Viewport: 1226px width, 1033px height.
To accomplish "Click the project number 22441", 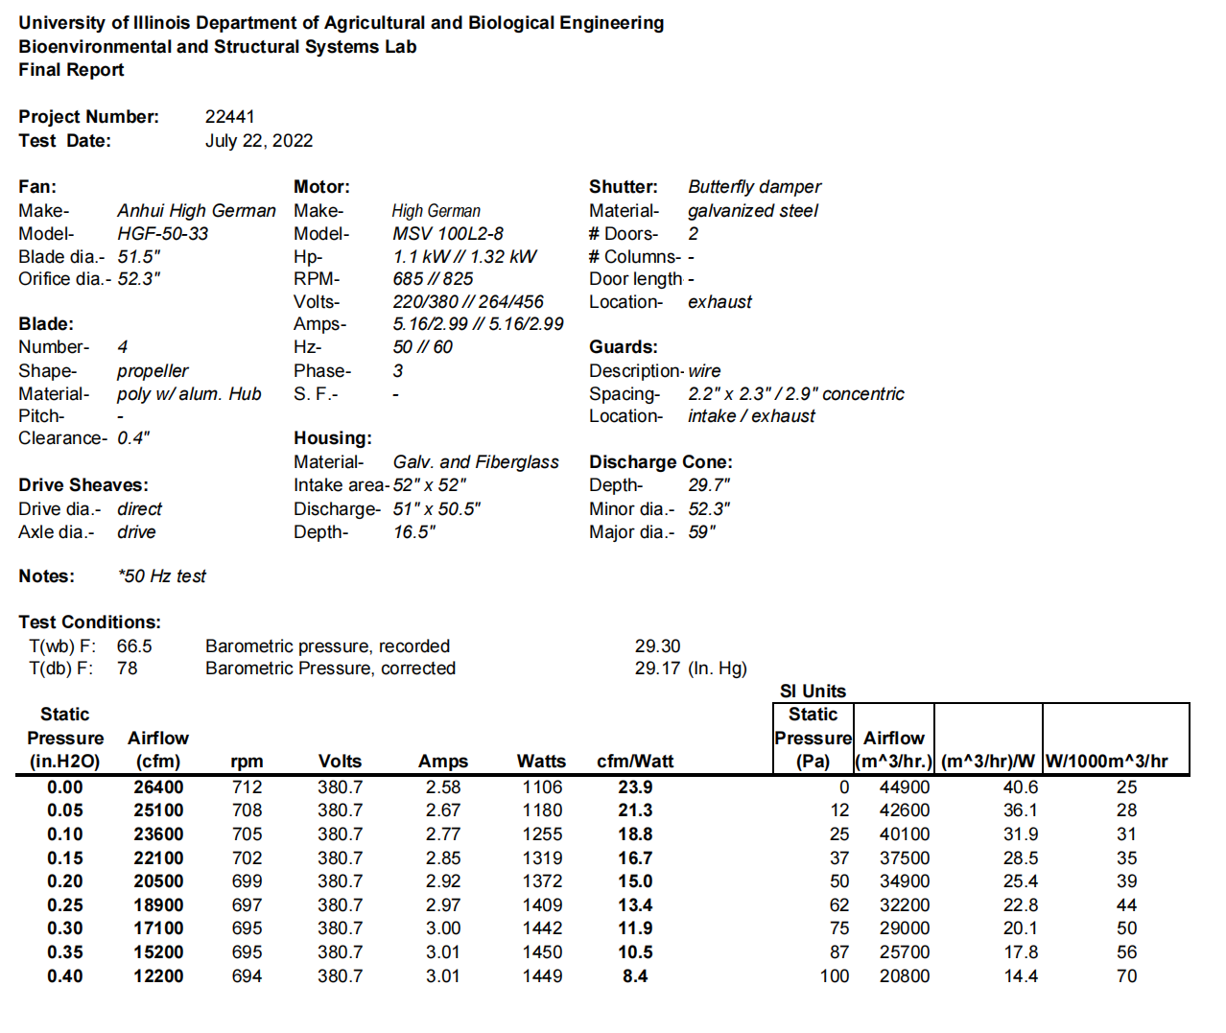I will point(229,117).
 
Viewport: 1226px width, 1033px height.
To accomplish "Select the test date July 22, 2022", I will point(259,141).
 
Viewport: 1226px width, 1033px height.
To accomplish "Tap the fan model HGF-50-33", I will point(162,234).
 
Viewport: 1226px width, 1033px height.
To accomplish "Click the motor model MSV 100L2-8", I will point(447,234).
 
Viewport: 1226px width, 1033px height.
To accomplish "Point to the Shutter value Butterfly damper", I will point(754,187).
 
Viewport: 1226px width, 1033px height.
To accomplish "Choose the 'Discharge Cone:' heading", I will point(660,462).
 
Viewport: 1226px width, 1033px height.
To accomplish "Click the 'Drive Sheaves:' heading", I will point(83,485).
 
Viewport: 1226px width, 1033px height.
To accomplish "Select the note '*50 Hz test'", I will point(161,576).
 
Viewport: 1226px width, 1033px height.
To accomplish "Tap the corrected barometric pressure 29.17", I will point(657,669).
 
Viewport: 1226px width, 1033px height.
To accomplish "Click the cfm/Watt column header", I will point(635,762).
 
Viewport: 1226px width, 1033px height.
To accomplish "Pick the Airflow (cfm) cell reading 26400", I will point(158,787).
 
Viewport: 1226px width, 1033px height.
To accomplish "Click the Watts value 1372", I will point(542,881).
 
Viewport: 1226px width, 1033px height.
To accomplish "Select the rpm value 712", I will point(247,787).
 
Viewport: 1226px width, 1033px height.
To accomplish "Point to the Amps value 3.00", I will point(443,928).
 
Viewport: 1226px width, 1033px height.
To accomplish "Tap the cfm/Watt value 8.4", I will point(635,976).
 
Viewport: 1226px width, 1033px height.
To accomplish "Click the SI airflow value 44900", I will point(905,787).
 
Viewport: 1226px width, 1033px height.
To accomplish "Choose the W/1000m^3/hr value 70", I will point(1126,976).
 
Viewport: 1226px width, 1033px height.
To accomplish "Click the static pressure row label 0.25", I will point(65,905).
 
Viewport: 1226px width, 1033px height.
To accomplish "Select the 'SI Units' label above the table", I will point(813,692).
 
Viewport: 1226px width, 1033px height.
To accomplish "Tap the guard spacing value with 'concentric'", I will point(795,394).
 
